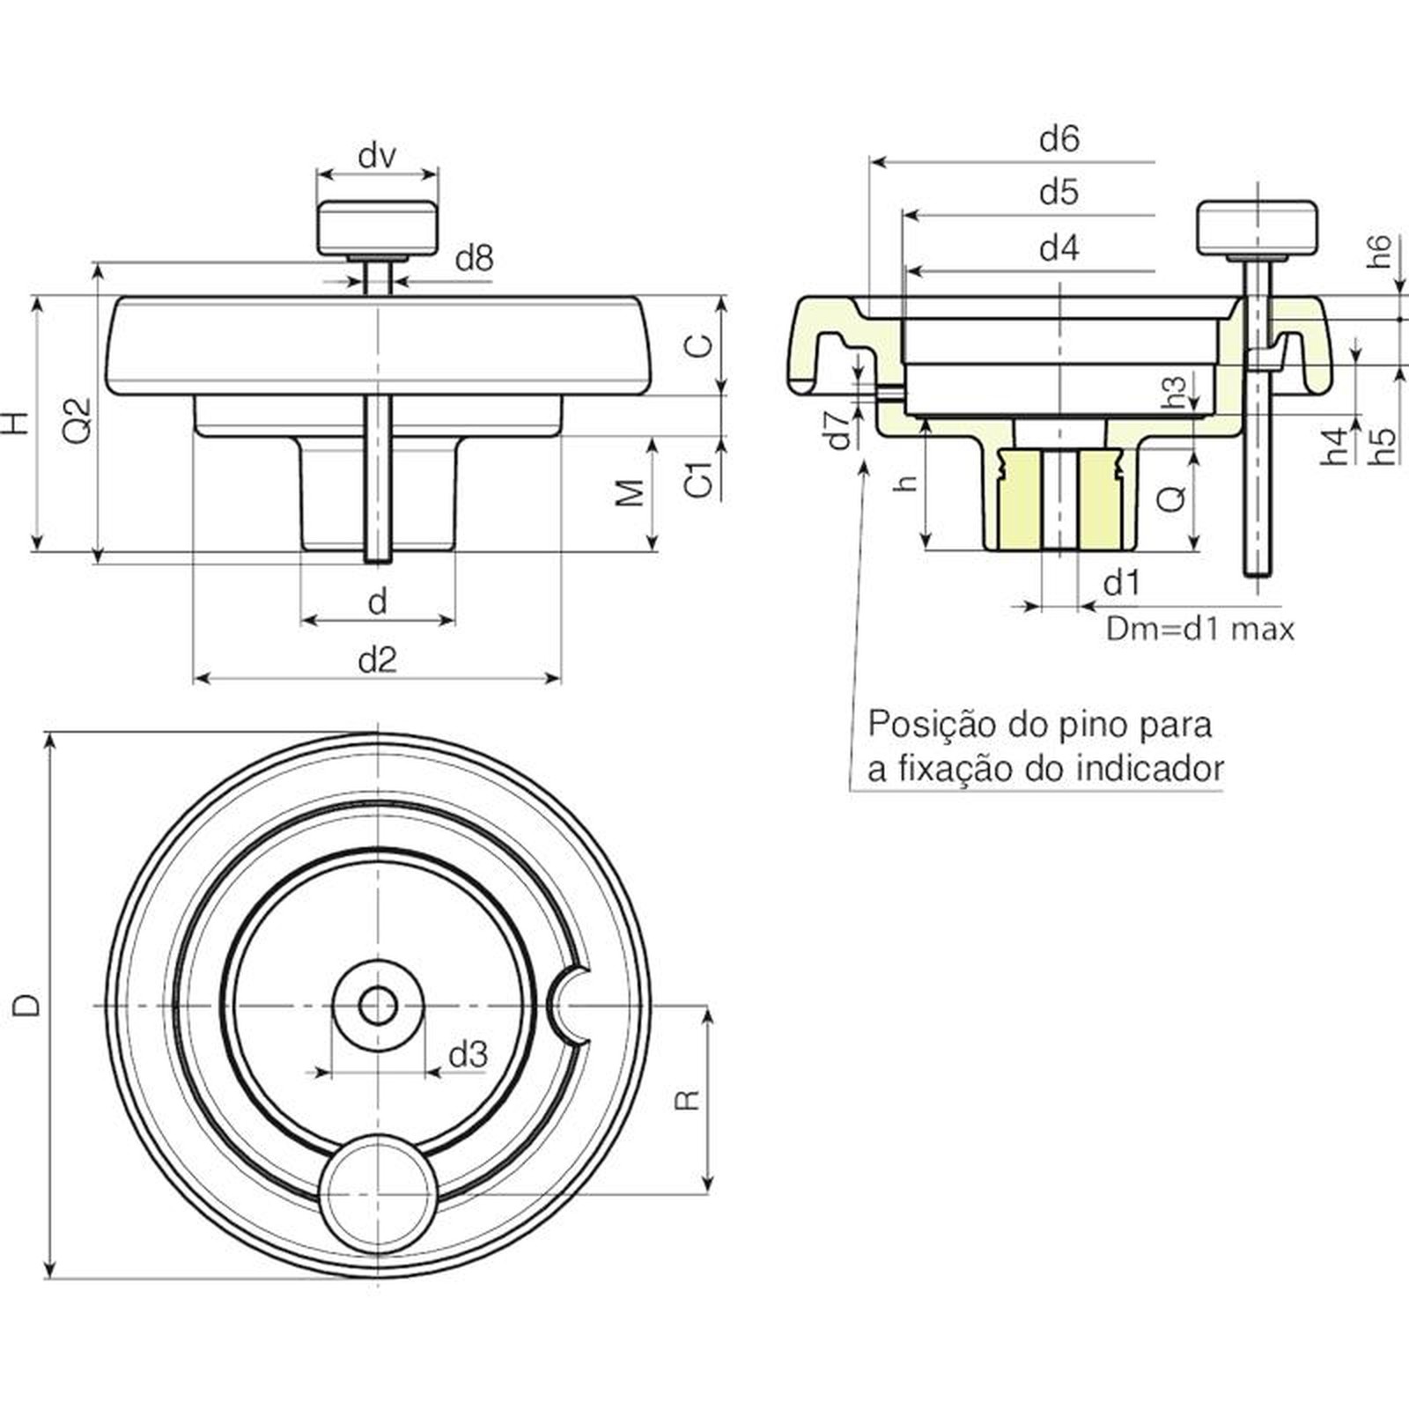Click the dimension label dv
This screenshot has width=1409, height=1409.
click(377, 157)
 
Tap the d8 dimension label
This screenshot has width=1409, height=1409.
click(474, 258)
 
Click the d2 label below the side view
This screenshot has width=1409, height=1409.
click(378, 660)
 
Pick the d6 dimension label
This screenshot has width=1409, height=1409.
click(1059, 138)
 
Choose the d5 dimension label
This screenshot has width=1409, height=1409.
click(1059, 192)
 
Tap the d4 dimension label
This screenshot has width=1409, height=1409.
click(1059, 248)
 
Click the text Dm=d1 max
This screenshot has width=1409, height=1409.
click(1200, 629)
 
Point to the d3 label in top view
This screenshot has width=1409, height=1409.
click(468, 1054)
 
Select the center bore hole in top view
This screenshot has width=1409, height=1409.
click(378, 1005)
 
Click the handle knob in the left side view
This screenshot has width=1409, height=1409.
click(377, 227)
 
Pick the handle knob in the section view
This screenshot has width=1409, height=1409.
click(1257, 227)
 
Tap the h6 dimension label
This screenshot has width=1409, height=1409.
click(1380, 251)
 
